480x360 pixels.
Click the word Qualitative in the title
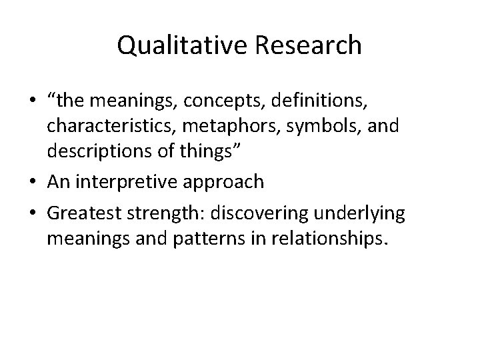[174, 46]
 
